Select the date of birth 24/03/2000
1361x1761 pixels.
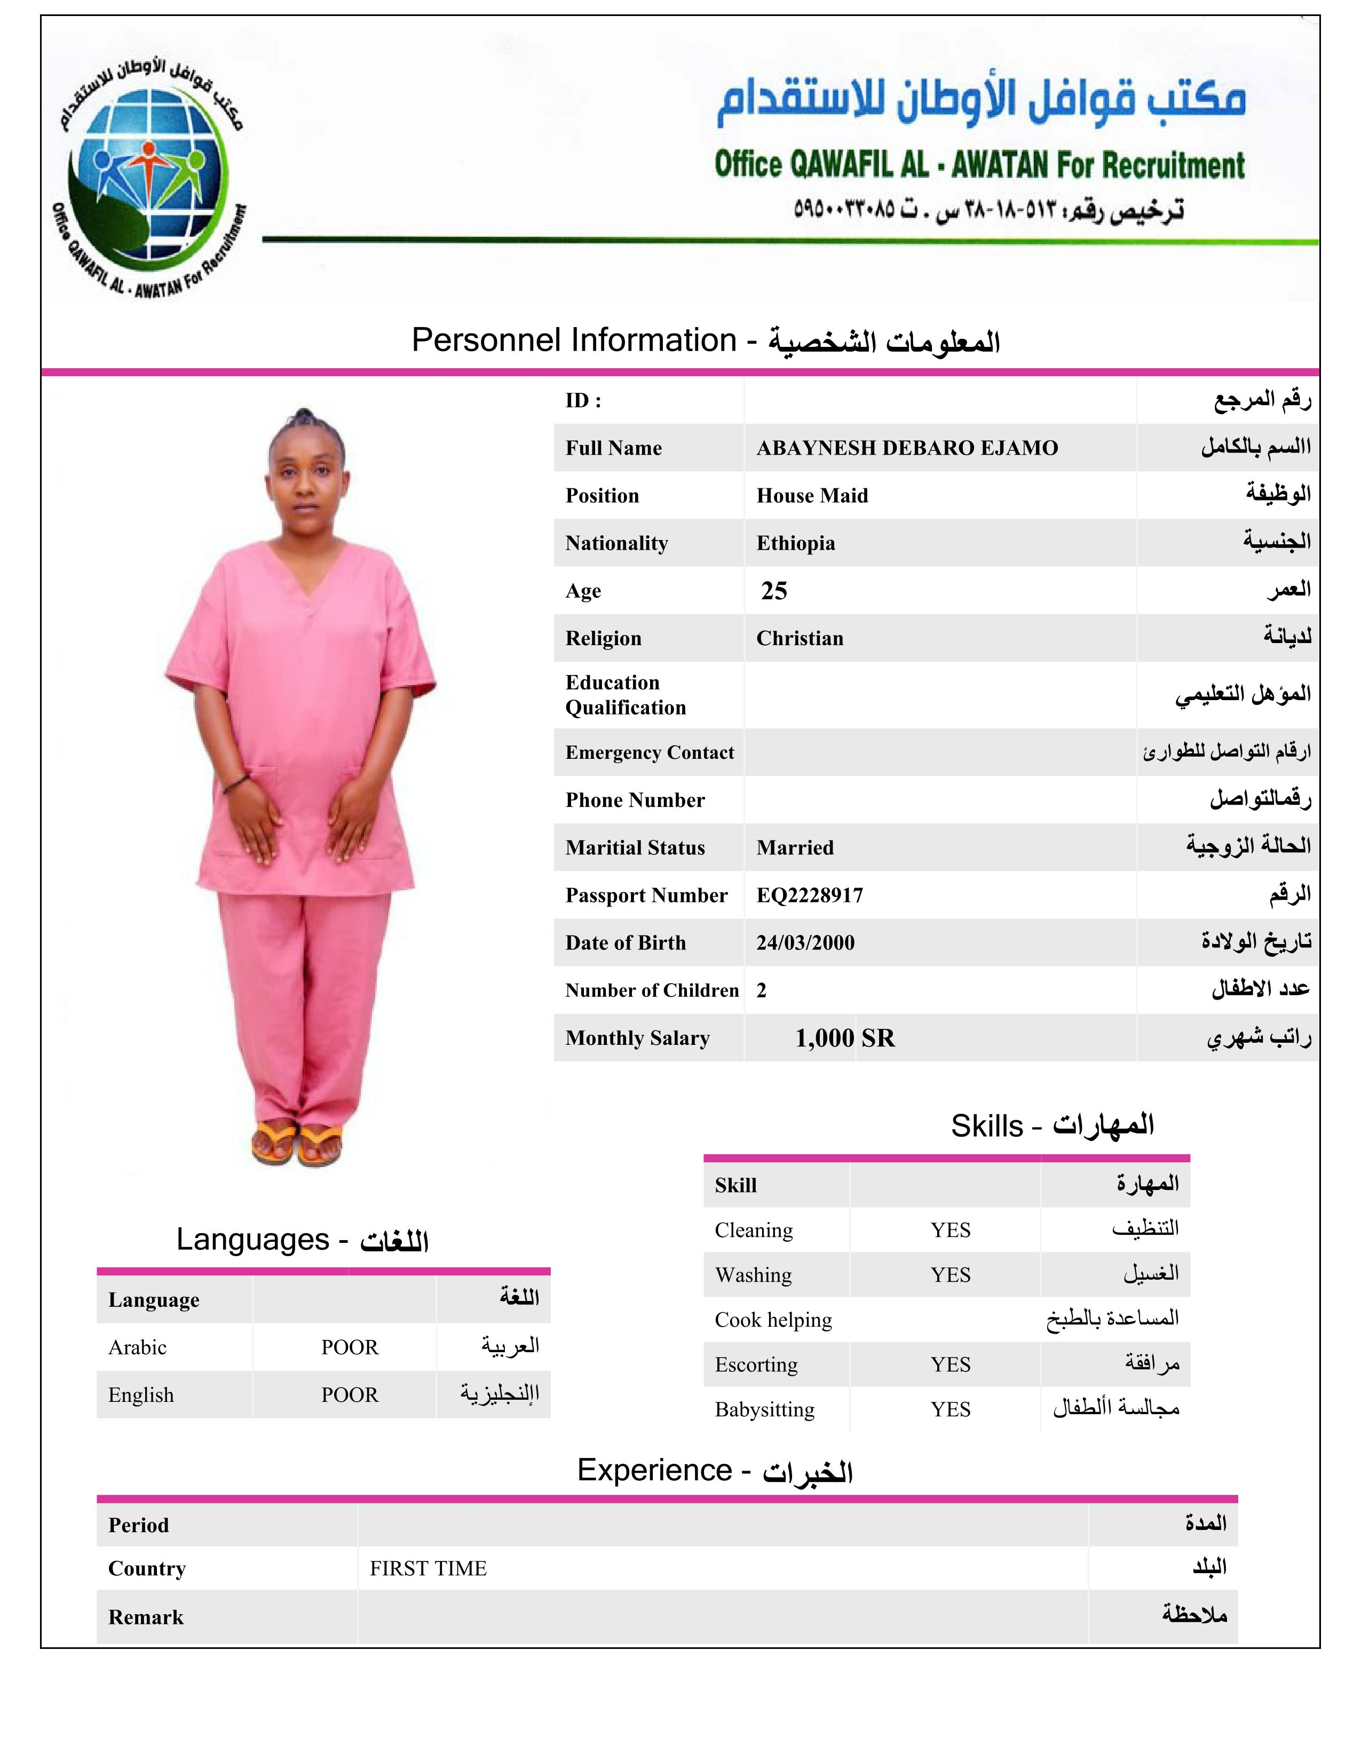click(805, 942)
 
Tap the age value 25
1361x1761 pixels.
click(773, 591)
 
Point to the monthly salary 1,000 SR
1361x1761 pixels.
click(844, 1038)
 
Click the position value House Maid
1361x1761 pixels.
click(812, 496)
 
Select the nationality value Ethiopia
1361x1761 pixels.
click(795, 543)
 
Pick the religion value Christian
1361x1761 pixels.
click(799, 639)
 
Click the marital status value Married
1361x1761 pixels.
click(794, 847)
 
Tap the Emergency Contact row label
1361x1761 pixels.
click(649, 752)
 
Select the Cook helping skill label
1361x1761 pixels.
click(772, 1320)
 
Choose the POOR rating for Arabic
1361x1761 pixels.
click(349, 1347)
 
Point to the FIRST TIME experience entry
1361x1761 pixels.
click(428, 1568)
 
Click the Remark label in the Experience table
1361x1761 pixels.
click(146, 1617)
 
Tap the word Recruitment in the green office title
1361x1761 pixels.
click(1173, 165)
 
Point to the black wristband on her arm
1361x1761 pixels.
click(235, 781)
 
